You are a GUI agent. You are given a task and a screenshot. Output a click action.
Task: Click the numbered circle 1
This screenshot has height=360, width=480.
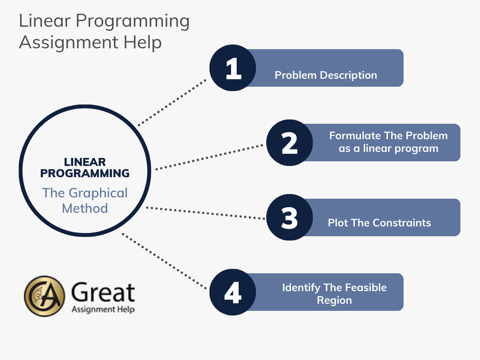click(x=232, y=68)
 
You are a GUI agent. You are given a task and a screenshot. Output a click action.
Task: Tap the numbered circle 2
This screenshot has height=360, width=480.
click(x=290, y=142)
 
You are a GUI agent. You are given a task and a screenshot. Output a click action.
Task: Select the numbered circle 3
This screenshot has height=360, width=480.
click(x=290, y=217)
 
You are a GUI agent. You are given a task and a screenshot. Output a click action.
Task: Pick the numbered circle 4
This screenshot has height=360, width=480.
click(x=232, y=292)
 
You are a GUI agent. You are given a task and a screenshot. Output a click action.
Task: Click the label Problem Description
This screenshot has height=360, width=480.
click(x=326, y=75)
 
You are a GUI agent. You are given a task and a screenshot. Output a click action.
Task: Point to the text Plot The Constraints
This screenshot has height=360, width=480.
click(x=379, y=223)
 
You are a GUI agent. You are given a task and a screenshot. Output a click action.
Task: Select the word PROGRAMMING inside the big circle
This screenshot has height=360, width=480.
click(x=85, y=173)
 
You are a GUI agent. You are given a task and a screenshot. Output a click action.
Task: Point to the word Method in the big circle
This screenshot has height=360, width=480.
click(x=85, y=209)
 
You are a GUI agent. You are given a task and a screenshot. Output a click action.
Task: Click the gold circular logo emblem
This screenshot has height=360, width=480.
click(x=45, y=296)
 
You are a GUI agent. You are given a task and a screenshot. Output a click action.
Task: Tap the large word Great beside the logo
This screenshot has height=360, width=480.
click(x=103, y=292)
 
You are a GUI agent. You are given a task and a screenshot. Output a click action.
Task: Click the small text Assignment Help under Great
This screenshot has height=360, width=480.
click(x=103, y=309)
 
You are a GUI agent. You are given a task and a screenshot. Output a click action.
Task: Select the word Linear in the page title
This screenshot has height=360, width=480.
click(x=45, y=21)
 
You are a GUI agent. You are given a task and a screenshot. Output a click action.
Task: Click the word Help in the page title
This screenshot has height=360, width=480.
click(x=142, y=42)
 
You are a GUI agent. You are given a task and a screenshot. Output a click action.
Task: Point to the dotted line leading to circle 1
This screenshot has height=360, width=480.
click(x=172, y=103)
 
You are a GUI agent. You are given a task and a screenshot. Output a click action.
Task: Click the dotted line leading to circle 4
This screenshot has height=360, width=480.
click(x=165, y=262)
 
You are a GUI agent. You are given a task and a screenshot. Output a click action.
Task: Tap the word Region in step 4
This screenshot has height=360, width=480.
click(x=334, y=300)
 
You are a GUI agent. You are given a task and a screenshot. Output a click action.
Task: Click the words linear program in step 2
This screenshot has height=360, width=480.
click(x=401, y=149)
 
